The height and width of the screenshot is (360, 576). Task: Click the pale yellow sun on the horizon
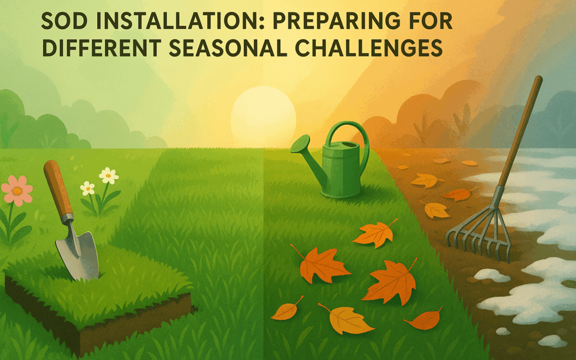tap(263, 117)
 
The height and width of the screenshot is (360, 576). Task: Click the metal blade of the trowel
tap(78, 253)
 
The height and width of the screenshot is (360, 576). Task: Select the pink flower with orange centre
tap(17, 190)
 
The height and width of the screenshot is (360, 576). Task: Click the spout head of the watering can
tap(300, 143)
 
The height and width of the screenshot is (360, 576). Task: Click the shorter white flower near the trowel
tap(87, 188)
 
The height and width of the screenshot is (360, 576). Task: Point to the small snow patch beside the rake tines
tap(492, 275)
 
